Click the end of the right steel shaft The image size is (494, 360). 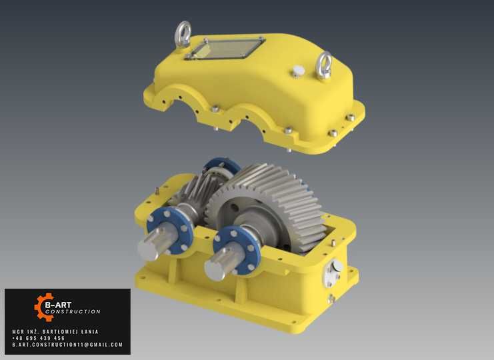click(214, 270)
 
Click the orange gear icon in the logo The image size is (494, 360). click(45, 307)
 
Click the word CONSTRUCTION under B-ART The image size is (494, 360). click(73, 311)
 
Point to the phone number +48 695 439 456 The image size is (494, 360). click(39, 338)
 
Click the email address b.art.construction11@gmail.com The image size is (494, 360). click(67, 345)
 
